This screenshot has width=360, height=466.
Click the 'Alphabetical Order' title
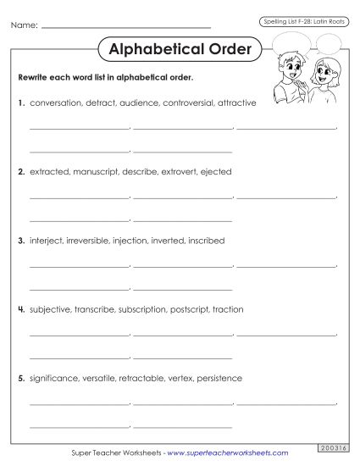click(180, 49)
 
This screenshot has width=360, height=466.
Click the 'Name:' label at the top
click(25, 26)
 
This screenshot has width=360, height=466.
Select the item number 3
click(21, 241)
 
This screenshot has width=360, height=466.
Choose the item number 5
click(21, 378)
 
